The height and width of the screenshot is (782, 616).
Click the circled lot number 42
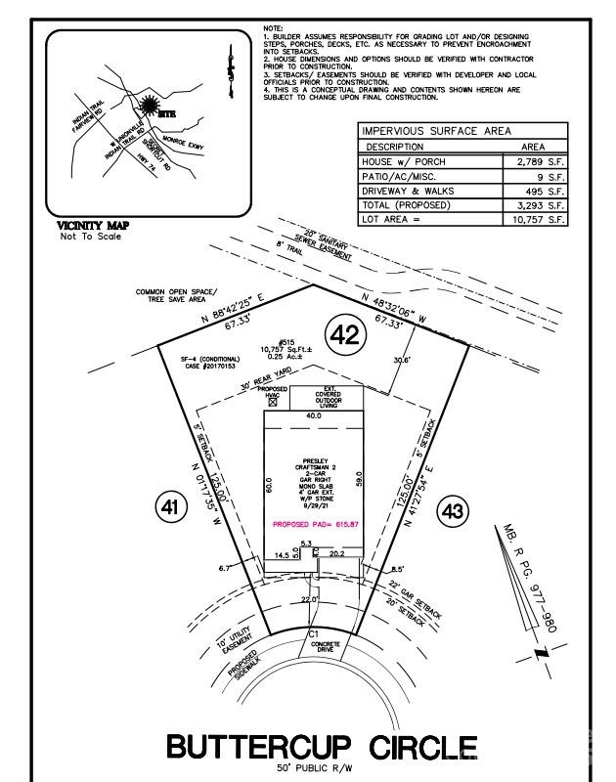(x=343, y=335)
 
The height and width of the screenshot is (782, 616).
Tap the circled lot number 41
(x=171, y=507)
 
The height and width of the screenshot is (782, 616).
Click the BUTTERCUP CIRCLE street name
(x=322, y=748)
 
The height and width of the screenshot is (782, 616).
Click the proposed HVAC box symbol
(x=273, y=402)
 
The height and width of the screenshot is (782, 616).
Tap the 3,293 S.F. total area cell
(x=540, y=206)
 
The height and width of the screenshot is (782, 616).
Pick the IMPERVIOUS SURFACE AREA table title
(x=436, y=131)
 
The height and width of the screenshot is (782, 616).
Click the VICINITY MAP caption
(x=94, y=226)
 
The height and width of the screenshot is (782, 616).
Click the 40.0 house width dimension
(x=312, y=416)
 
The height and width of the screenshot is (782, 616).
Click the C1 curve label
(x=314, y=634)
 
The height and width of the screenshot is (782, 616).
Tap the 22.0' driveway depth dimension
(x=310, y=598)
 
